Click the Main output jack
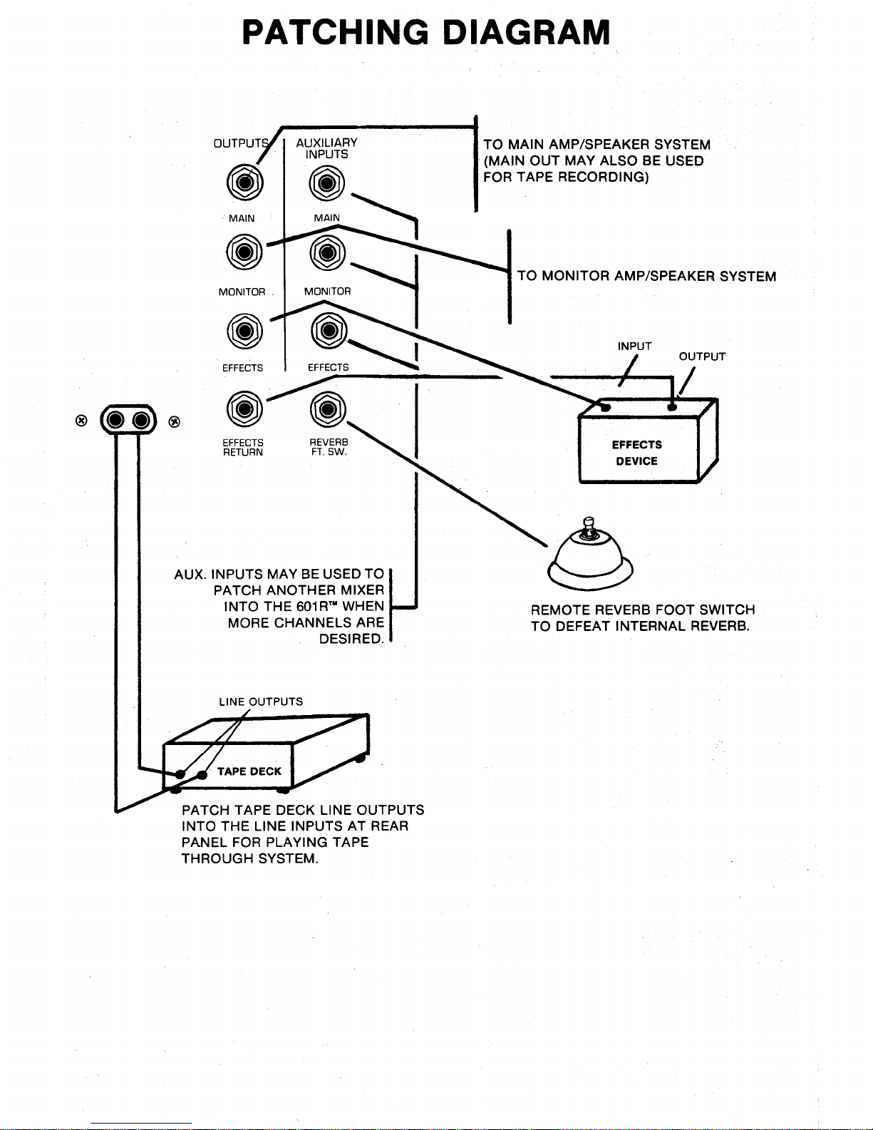point(244,183)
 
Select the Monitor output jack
point(244,252)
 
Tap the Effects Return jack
point(244,409)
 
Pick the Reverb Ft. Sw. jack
point(328,409)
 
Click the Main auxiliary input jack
point(327,183)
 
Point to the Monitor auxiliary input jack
point(327,252)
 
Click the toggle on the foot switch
point(589,528)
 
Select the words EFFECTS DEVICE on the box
point(636,453)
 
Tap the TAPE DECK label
point(249,771)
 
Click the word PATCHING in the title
point(335,32)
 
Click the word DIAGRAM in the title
point(526,32)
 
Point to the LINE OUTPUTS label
point(261,702)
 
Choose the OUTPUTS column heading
point(241,143)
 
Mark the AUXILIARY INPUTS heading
point(327,148)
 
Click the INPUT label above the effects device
point(634,346)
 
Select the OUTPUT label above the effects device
point(702,356)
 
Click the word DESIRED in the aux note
point(351,639)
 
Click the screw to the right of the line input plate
point(175,422)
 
